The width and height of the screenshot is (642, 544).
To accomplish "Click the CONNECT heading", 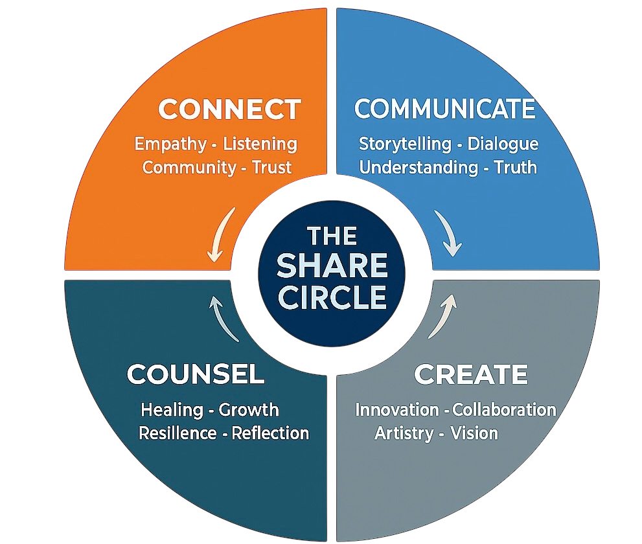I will coord(229,109).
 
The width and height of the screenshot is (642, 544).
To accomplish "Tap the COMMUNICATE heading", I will coord(445,109).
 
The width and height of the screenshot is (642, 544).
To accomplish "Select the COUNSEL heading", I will coord(195,374).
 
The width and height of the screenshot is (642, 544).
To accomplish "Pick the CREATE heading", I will coord(470,374).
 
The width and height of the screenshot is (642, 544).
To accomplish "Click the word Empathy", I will coord(170,144).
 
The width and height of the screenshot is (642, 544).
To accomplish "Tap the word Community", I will coord(189,167).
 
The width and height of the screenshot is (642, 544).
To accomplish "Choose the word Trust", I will coord(272,167).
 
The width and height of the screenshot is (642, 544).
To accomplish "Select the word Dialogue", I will coord(503,144).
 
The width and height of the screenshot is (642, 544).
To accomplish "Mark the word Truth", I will coord(516,167).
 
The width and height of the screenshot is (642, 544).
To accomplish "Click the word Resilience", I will coord(178,433).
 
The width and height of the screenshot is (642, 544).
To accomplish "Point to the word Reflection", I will coord(270,433).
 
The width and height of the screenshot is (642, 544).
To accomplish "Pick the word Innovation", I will coord(397,410).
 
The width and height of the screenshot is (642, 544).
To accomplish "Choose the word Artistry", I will coord(404,433).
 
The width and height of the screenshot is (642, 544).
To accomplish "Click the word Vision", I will coord(474,433).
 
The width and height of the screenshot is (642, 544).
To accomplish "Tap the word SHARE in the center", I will coord(332,266).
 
